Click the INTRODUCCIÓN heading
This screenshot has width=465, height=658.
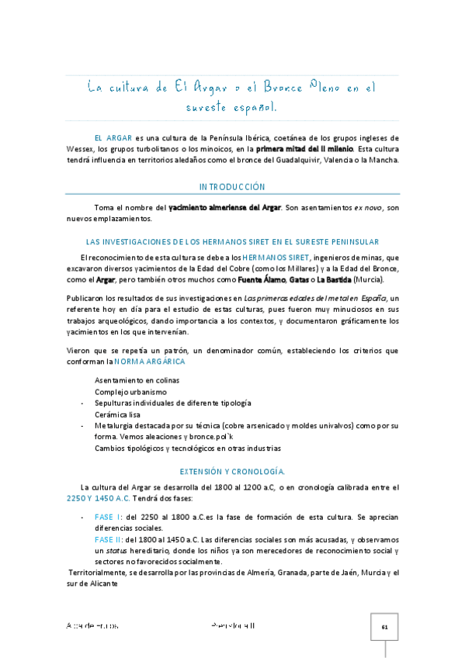pos(232,187)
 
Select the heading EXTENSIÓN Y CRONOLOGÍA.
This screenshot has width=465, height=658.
pos(232,471)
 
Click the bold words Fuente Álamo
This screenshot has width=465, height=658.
pos(261,279)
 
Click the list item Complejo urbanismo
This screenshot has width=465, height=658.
pos(131,392)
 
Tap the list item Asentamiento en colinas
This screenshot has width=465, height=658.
pos(137,380)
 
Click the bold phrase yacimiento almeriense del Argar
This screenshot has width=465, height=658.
pos(224,208)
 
